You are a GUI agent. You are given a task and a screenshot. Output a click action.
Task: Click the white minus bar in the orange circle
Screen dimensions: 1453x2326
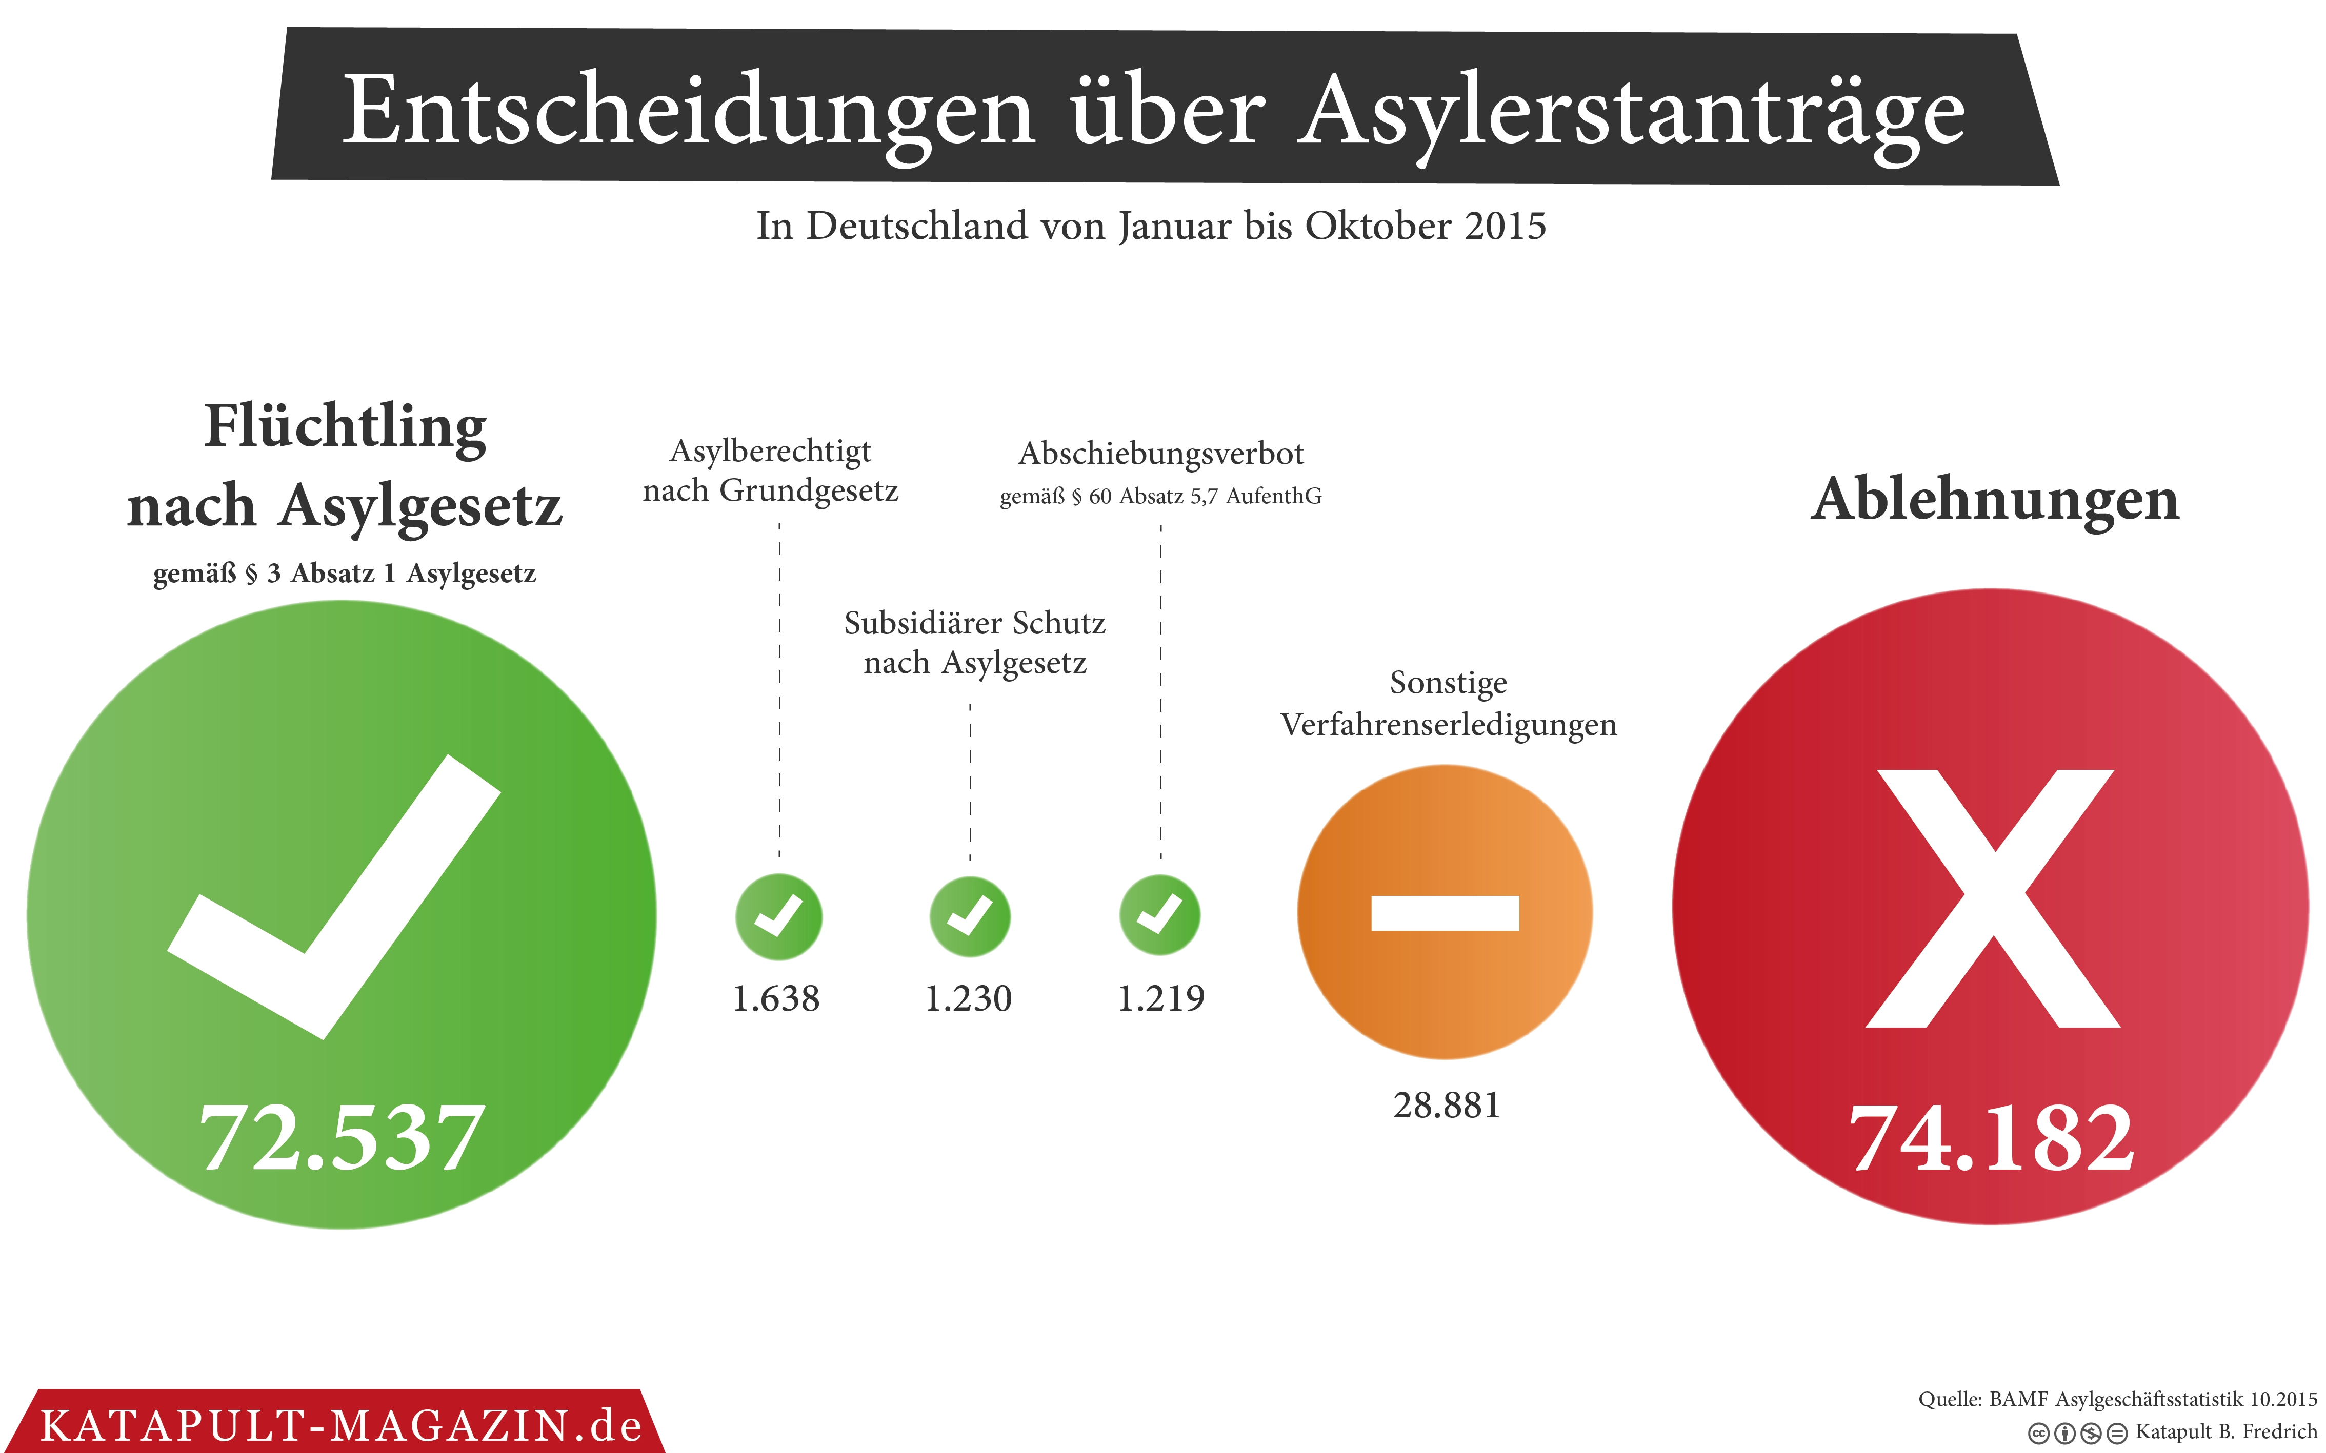tap(1445, 913)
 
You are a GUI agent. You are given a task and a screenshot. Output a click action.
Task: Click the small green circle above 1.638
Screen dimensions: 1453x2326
tap(778, 917)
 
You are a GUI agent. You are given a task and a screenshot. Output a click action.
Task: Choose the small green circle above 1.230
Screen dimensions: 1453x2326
tap(970, 917)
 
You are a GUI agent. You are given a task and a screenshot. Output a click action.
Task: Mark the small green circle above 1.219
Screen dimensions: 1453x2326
tap(1160, 915)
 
